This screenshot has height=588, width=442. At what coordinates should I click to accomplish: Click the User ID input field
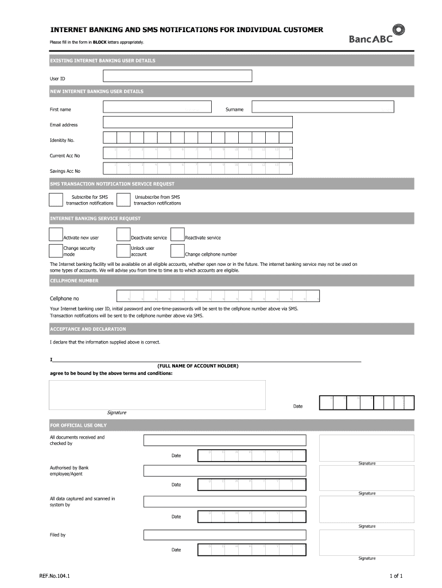[x=177, y=76]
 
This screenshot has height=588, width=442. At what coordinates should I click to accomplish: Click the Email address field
[x=197, y=122]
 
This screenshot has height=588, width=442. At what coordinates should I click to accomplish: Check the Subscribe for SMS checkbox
[x=56, y=199]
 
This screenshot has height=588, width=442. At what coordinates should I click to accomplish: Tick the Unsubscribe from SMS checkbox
[x=123, y=199]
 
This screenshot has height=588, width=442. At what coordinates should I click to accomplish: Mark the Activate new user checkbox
[x=56, y=234]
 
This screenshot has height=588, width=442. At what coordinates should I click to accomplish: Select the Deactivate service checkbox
[x=123, y=234]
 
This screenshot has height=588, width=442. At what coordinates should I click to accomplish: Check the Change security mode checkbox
[x=56, y=250]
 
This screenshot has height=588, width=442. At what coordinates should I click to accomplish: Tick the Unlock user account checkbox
[x=123, y=250]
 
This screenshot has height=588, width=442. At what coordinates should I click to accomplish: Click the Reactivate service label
[x=203, y=238]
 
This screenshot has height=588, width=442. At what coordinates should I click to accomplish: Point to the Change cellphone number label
[x=211, y=254]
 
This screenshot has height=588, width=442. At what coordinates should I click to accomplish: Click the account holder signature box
[x=157, y=394]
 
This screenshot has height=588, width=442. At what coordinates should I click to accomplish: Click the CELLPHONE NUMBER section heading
[x=74, y=281]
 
